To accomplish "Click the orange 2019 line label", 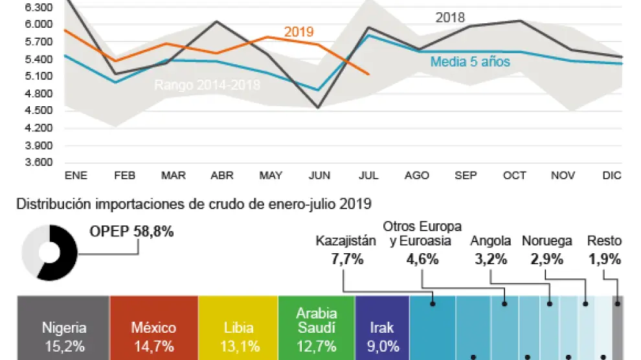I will pyautogui.click(x=298, y=32).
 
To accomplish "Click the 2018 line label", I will pyautogui.click(x=450, y=17).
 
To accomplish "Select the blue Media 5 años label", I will pyautogui.click(x=470, y=62).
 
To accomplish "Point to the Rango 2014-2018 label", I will pyautogui.click(x=207, y=85).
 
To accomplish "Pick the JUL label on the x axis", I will pyautogui.click(x=368, y=176).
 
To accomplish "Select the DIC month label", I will pyautogui.click(x=611, y=176).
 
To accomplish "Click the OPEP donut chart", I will pyautogui.click(x=49, y=252).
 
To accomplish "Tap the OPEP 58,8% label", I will pyautogui.click(x=131, y=232).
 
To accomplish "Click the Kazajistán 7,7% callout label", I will pyautogui.click(x=346, y=250).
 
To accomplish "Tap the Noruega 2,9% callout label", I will pyautogui.click(x=547, y=250).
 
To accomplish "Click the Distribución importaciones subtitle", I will pyautogui.click(x=194, y=205).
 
